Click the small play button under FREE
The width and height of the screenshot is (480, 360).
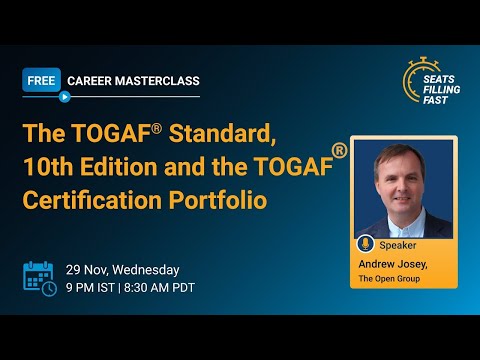pos(64,97)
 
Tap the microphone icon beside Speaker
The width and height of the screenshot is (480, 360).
pos(364,244)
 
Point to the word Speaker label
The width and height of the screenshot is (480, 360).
pos(398,244)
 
